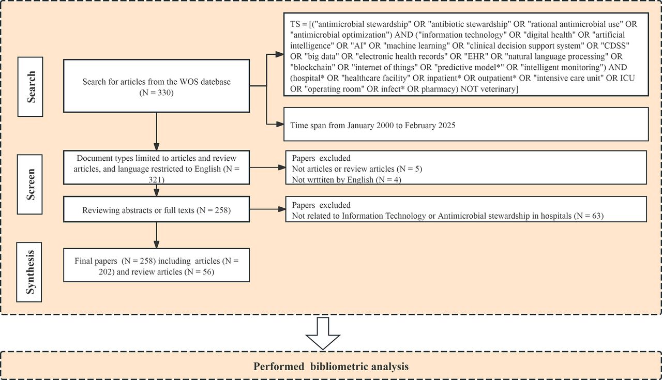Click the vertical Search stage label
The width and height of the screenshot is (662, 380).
tap(31, 86)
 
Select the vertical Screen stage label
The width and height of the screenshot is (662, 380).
tap(30, 185)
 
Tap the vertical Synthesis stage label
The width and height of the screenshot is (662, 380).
tap(29, 272)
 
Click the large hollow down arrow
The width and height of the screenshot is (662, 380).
tap(323, 333)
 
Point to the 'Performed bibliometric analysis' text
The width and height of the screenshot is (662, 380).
tap(331, 367)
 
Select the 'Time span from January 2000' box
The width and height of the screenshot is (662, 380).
tap(466, 124)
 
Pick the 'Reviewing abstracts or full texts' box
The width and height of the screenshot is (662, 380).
tap(156, 209)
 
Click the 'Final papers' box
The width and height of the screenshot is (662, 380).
tap(156, 265)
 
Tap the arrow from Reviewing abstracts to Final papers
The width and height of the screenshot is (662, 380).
tap(156, 235)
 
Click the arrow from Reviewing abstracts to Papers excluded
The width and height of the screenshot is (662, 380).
tap(267, 209)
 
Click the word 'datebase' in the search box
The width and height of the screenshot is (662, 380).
tap(216, 82)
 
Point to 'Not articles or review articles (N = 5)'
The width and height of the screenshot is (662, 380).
tap(357, 169)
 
